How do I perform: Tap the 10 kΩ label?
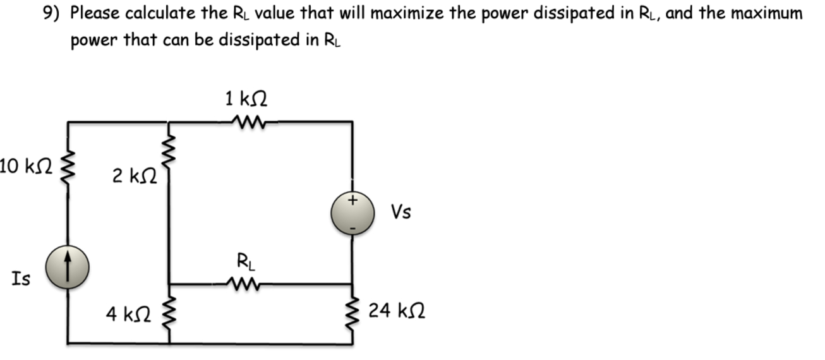click(x=25, y=167)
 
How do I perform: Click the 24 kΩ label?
click(x=396, y=310)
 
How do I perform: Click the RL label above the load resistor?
click(x=244, y=260)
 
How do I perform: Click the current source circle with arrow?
click(x=68, y=269)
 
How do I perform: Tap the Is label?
click(x=20, y=279)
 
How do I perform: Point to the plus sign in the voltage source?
click(x=352, y=200)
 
